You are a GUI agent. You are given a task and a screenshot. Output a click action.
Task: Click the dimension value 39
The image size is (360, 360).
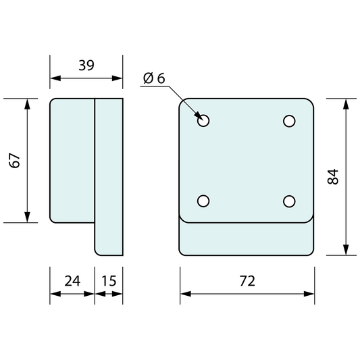point(86,66)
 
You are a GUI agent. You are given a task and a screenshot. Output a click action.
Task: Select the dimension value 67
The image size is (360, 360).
point(16,160)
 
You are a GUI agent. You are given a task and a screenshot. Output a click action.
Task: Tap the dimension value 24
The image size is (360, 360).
point(72,280)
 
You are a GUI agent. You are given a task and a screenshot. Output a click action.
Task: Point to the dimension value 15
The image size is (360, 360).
point(108,280)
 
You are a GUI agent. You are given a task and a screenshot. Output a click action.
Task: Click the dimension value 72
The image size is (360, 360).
point(247,281)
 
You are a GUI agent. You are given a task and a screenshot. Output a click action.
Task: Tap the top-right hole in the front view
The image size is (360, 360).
point(290,121)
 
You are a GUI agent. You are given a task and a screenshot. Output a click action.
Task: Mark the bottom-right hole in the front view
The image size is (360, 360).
point(290,201)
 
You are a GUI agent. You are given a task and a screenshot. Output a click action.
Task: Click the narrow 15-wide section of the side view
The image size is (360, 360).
point(108,177)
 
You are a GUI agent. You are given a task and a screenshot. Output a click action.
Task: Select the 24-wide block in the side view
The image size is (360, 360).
point(72,160)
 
